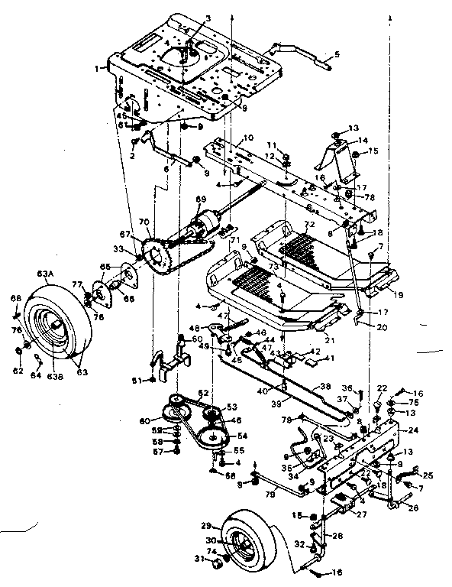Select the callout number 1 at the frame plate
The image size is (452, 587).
pos(97,68)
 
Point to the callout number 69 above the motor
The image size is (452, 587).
pos(201,200)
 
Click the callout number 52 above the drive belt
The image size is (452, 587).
pos(202,394)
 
